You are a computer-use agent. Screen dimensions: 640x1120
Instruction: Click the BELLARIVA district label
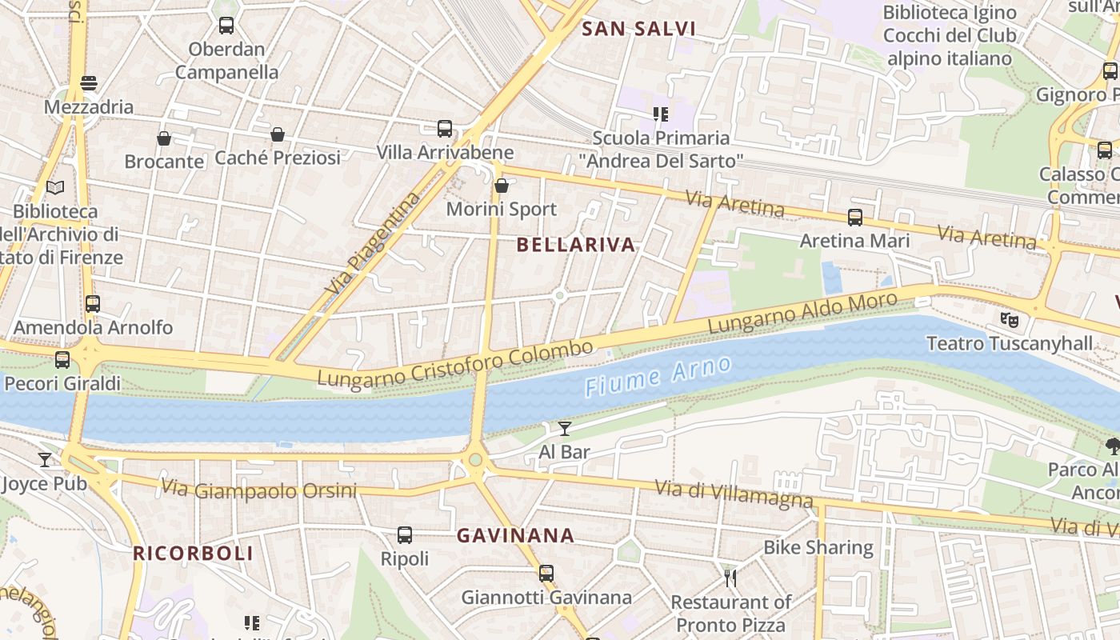tap(576, 245)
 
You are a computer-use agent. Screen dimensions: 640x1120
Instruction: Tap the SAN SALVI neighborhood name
tap(638, 30)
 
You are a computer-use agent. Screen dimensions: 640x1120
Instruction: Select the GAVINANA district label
tap(515, 535)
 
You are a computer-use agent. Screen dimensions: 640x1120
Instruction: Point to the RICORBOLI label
tap(193, 553)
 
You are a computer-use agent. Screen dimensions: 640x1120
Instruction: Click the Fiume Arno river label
tap(658, 377)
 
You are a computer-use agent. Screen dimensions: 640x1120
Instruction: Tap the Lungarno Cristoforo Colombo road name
tap(455, 364)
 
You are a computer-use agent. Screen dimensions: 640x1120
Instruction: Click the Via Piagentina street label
tap(374, 242)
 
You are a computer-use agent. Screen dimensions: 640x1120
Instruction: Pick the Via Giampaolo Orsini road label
tap(258, 490)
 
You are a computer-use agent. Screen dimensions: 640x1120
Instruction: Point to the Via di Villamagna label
tap(734, 494)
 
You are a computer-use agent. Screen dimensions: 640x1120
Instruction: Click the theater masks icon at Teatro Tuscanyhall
tap(1010, 319)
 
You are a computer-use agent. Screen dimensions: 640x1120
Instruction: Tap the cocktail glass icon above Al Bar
tap(565, 429)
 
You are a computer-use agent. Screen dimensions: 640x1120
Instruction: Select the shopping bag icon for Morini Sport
tap(502, 186)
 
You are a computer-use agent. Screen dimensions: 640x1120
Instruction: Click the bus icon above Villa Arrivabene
tap(445, 128)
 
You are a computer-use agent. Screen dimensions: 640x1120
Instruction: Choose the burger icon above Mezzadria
tap(89, 83)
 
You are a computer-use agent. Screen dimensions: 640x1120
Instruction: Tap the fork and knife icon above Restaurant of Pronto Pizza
tap(730, 578)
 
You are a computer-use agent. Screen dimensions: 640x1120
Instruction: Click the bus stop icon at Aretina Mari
tap(855, 217)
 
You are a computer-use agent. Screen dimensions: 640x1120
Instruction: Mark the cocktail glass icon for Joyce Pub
tap(45, 460)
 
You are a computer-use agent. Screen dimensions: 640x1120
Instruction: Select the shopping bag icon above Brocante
tap(164, 138)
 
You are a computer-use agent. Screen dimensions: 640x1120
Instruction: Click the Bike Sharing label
tap(818, 547)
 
